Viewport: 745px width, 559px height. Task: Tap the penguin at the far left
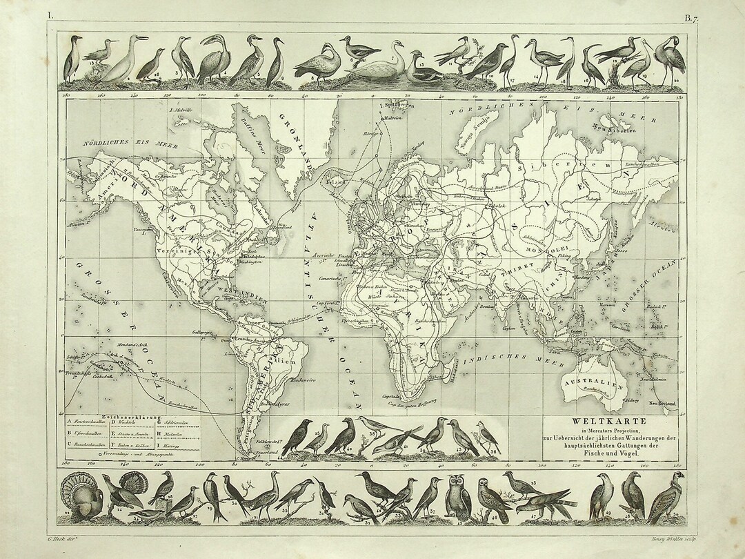click(72, 61)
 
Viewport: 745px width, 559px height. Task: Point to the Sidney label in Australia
click(627, 399)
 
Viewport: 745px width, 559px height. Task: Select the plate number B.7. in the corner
click(692, 19)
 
